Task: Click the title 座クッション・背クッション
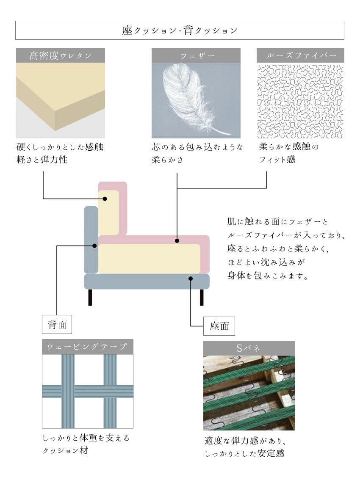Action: (180, 30)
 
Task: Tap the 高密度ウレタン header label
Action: (61, 55)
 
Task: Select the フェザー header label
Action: (196, 55)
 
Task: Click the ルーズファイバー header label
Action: (300, 55)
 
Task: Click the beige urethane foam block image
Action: (61, 97)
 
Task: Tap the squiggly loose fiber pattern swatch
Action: (300, 102)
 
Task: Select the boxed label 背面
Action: (57, 325)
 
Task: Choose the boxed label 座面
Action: (219, 326)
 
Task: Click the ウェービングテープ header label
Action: (88, 347)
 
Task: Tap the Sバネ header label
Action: (249, 348)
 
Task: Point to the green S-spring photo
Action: (249, 393)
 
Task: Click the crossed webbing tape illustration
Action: (88, 391)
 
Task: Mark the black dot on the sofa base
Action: (191, 279)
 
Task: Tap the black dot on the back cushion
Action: (105, 199)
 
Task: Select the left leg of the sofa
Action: (90, 297)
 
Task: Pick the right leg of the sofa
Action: (202, 297)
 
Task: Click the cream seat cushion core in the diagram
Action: (148, 258)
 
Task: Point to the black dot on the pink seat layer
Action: (177, 241)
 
